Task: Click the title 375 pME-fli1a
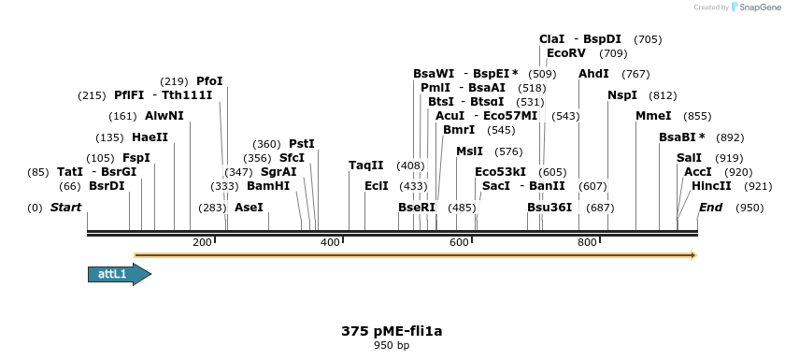tap(392, 331)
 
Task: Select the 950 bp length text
tap(392, 346)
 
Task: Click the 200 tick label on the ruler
tap(202, 243)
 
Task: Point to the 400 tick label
tap(330, 243)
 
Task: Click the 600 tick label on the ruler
tap(459, 243)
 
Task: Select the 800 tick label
tap(587, 243)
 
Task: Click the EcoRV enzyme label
tap(566, 53)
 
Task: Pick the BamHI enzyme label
tap(268, 186)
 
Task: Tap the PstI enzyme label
tap(302, 144)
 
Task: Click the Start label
tap(65, 207)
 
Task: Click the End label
tap(711, 207)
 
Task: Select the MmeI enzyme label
tap(653, 116)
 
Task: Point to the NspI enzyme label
tap(622, 95)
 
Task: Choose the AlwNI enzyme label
tap(164, 116)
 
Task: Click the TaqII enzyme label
tap(366, 166)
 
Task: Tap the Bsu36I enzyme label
tap(549, 207)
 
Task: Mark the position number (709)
tap(613, 53)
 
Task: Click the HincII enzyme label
tap(712, 186)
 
